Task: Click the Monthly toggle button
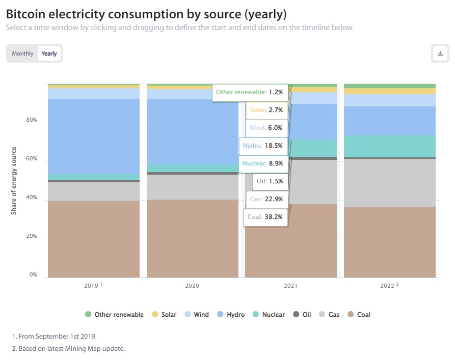click(22, 53)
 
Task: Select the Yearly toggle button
click(49, 53)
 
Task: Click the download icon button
click(440, 53)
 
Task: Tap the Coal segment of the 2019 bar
click(94, 239)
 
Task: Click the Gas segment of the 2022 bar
click(390, 183)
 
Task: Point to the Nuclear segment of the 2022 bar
click(390, 146)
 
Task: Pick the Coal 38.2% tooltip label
click(265, 217)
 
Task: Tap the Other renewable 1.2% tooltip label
click(249, 92)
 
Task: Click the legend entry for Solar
click(165, 315)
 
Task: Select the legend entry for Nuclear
click(269, 315)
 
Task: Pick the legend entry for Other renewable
click(115, 315)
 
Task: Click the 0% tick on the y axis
click(33, 275)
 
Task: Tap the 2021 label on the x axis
click(290, 286)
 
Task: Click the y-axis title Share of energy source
click(14, 181)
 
